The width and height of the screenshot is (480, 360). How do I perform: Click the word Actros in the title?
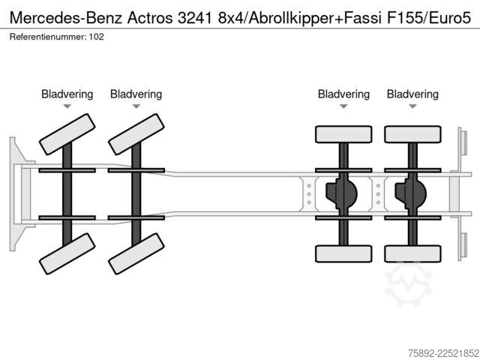point(150,18)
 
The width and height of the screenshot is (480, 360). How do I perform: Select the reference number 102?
point(97,37)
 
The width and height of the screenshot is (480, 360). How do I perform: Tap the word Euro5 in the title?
point(449,18)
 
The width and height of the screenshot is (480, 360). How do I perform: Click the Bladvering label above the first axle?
point(67,94)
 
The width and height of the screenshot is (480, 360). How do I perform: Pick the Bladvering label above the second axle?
point(136,94)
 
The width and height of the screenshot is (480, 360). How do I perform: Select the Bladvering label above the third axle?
point(343,94)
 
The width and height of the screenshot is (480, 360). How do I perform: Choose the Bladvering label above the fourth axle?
point(412,94)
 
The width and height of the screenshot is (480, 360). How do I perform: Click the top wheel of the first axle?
point(67,134)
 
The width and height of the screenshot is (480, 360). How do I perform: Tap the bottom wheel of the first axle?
point(67,253)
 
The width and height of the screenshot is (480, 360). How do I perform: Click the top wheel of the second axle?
point(136,134)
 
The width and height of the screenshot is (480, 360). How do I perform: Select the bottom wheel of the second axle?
point(136,253)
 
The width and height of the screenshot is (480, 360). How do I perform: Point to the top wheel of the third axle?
point(343,134)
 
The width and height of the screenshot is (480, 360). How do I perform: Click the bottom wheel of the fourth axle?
point(412,253)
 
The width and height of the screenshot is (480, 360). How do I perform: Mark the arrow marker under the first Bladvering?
point(67,106)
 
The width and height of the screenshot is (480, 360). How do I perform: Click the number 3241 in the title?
point(195,18)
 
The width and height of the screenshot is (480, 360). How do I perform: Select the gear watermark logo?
point(409,284)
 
